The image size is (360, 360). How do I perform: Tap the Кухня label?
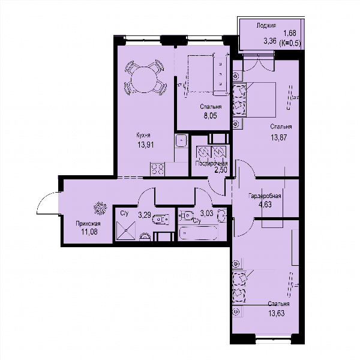143,135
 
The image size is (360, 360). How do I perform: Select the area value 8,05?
211,115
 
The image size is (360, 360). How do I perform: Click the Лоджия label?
266,25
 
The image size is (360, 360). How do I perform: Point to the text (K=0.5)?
290,43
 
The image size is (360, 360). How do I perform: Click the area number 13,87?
279,137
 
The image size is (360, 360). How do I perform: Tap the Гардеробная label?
265,196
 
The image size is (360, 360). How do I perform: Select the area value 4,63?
265,204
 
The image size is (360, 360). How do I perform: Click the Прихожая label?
88,223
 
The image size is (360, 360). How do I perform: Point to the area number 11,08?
89,232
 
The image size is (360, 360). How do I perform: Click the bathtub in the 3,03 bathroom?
198,233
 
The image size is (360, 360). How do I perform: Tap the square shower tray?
126,230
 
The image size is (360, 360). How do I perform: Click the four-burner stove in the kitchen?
157,169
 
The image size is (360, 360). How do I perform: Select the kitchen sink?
181,140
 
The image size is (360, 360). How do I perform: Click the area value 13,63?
277,313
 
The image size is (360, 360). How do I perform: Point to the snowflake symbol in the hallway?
100,208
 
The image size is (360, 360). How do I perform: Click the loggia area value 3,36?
270,41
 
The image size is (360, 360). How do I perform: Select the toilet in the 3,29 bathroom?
160,220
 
